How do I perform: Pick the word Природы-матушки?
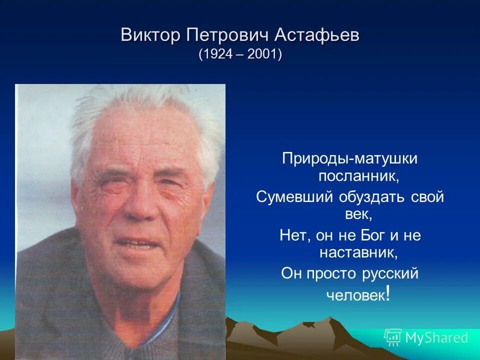(349, 159)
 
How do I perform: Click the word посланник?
(359, 176)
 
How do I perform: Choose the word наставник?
(358, 253)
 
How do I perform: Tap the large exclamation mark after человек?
(388, 293)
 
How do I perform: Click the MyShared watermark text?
(436, 338)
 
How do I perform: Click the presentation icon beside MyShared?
(393, 337)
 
